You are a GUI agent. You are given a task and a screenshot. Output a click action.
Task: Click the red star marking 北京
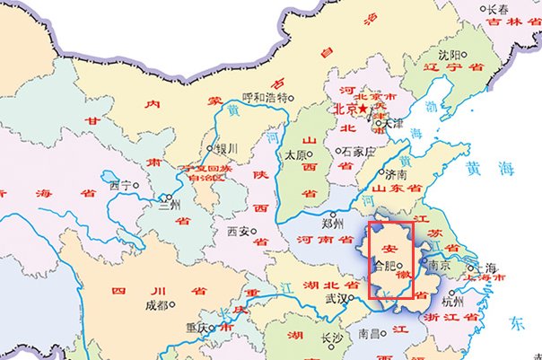coord(363,110)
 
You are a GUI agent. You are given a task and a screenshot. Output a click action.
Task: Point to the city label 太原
coord(295,154)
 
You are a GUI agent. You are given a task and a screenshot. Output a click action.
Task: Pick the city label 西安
coord(238,231)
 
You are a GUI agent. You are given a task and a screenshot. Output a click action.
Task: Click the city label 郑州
coord(332,222)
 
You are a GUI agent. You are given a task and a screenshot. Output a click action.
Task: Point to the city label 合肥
coord(383,266)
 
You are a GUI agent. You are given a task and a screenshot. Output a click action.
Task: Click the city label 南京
coord(439,266)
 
